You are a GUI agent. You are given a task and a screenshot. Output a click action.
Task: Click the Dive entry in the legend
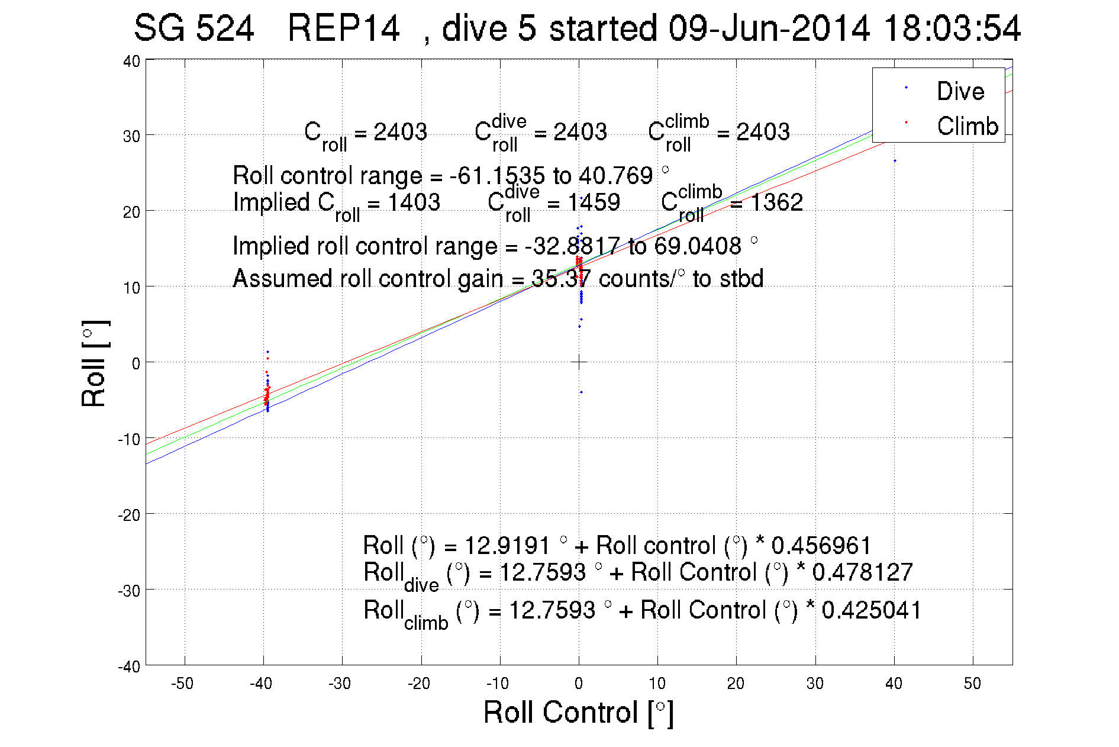(960, 91)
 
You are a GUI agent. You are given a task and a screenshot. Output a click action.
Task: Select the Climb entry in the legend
(967, 126)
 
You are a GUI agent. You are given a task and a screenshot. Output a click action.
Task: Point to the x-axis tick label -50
(182, 684)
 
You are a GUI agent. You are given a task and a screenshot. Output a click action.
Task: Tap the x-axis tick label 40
(894, 684)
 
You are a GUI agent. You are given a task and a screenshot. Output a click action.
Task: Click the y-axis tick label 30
(131, 136)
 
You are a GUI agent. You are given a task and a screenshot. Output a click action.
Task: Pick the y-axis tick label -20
(129, 515)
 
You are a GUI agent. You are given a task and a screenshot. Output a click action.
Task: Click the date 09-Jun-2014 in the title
(769, 28)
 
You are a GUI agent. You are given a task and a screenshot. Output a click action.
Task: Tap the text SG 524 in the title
(194, 28)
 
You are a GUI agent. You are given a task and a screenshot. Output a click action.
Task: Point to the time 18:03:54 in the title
(952, 28)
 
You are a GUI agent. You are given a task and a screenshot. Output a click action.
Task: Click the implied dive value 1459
(594, 202)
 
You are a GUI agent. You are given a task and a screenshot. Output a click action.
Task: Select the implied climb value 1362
(776, 202)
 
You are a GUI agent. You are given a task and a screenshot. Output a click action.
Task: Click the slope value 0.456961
(821, 545)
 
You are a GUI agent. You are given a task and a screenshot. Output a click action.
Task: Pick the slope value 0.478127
(862, 572)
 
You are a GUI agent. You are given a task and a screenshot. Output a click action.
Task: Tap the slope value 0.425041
(872, 610)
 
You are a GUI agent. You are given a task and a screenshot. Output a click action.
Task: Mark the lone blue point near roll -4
(581, 392)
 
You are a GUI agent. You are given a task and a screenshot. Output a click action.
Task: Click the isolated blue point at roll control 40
(895, 161)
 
